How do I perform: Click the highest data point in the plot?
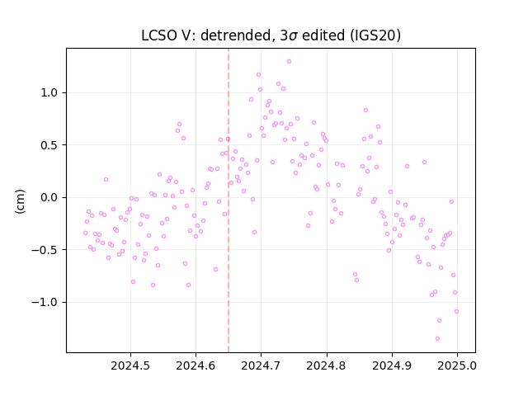289,62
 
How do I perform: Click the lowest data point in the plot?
437,339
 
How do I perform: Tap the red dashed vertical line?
229,200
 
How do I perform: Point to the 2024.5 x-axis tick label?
130,365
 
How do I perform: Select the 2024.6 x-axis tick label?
196,365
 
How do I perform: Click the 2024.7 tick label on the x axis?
261,365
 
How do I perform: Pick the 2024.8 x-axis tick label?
326,365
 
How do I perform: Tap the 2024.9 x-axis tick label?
392,365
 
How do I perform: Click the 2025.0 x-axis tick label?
457,365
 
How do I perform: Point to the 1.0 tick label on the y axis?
49,93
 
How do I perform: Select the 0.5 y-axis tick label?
49,145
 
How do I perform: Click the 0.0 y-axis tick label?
49,198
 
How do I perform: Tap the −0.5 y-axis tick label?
45,250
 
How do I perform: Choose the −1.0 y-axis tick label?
45,303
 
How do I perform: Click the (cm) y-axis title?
20,201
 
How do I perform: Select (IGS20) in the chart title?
375,35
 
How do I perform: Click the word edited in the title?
323,35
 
